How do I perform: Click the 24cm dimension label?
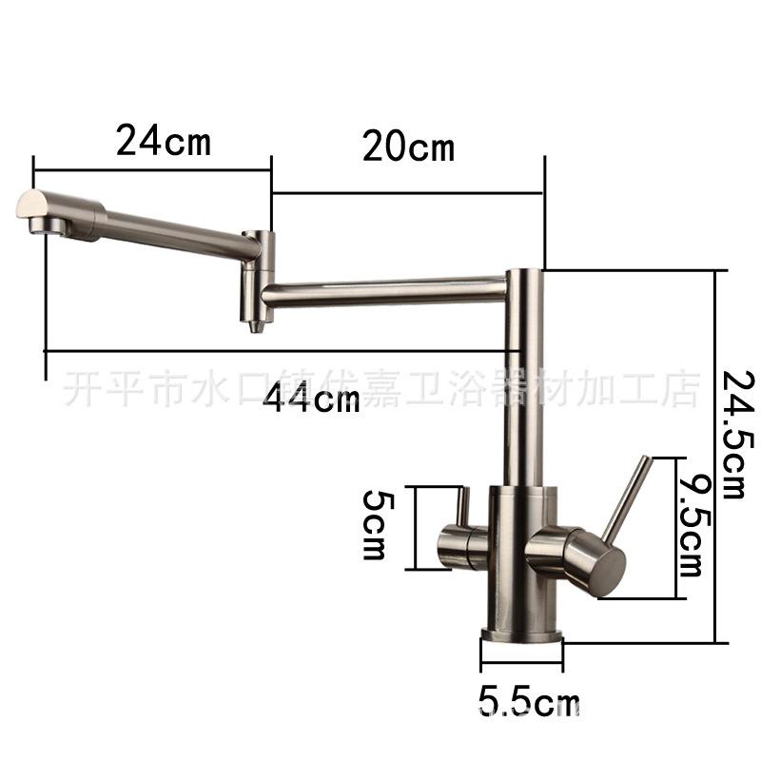pyautogui.click(x=164, y=140)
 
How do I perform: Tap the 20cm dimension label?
pyautogui.click(x=409, y=146)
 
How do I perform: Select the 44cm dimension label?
pyautogui.click(x=312, y=398)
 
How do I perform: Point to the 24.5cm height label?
pyautogui.click(x=738, y=436)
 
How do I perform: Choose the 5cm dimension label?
pyautogui.click(x=376, y=524)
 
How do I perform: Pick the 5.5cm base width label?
pyautogui.click(x=529, y=701)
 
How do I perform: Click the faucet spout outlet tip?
pyautogui.click(x=46, y=225)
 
